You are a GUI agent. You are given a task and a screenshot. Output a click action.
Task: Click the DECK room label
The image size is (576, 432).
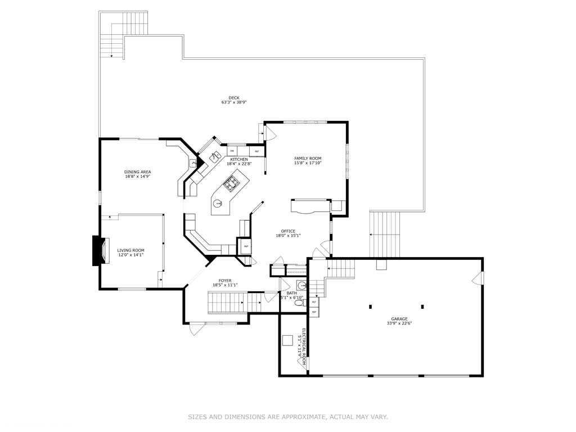[x=234, y=98]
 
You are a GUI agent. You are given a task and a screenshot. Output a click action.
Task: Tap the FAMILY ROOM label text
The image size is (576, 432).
[x=308, y=159]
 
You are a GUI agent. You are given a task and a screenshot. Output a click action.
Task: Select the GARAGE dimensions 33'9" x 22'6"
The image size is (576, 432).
[x=399, y=323]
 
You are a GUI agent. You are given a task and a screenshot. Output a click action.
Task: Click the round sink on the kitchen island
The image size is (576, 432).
[x=218, y=205]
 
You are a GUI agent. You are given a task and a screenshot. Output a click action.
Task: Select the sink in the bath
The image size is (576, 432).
[x=301, y=284]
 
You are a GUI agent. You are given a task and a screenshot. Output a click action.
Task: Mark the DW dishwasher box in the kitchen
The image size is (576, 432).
[x=232, y=151]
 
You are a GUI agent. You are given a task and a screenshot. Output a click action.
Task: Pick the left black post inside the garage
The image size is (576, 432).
[x=370, y=307]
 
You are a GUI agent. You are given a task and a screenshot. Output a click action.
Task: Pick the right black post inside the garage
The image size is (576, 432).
[x=422, y=307]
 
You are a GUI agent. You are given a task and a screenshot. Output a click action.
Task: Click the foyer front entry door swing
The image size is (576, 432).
[x=194, y=328]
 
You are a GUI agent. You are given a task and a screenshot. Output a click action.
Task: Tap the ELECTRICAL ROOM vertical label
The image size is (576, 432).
[x=302, y=346]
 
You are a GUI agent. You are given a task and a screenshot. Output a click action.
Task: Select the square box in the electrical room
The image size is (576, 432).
[x=287, y=340]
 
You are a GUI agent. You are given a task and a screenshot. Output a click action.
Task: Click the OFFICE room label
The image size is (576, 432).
[x=288, y=231]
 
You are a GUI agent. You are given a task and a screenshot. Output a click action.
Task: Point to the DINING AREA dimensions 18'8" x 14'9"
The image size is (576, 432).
[x=138, y=177]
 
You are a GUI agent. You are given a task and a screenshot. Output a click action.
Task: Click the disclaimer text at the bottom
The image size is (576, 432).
[x=287, y=417]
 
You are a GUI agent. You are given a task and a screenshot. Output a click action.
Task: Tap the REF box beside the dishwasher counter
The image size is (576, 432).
[x=257, y=151]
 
